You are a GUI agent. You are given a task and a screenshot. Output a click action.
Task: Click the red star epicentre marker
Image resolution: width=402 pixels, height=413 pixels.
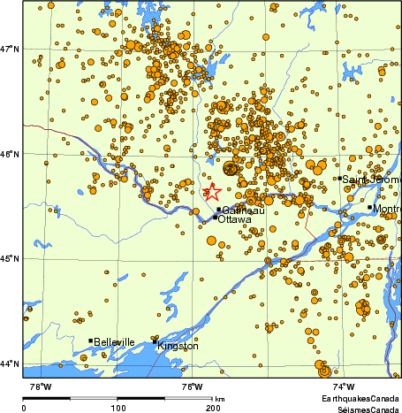(x=212, y=191)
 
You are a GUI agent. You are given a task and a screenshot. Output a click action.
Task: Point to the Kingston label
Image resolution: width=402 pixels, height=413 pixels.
(x=178, y=346)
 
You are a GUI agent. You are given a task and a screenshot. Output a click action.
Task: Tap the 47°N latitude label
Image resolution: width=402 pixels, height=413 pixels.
(x=11, y=48)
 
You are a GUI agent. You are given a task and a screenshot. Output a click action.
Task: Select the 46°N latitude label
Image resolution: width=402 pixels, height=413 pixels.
(x=11, y=154)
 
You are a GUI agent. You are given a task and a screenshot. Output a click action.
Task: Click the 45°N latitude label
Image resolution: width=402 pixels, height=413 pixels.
(x=11, y=258)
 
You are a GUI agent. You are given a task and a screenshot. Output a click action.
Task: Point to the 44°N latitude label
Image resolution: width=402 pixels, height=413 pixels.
(x=11, y=363)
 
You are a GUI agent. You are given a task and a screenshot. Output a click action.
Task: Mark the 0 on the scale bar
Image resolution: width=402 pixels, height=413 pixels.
(x=24, y=408)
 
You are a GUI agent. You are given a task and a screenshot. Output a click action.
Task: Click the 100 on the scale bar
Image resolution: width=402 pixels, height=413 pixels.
(x=117, y=408)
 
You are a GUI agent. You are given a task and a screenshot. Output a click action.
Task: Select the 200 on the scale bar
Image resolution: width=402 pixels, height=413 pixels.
(x=212, y=408)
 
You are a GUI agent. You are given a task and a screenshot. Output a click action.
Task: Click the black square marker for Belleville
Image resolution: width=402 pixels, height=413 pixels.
(x=90, y=340)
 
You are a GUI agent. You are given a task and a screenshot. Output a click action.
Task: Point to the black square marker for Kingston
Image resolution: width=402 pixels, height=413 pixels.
(x=155, y=341)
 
